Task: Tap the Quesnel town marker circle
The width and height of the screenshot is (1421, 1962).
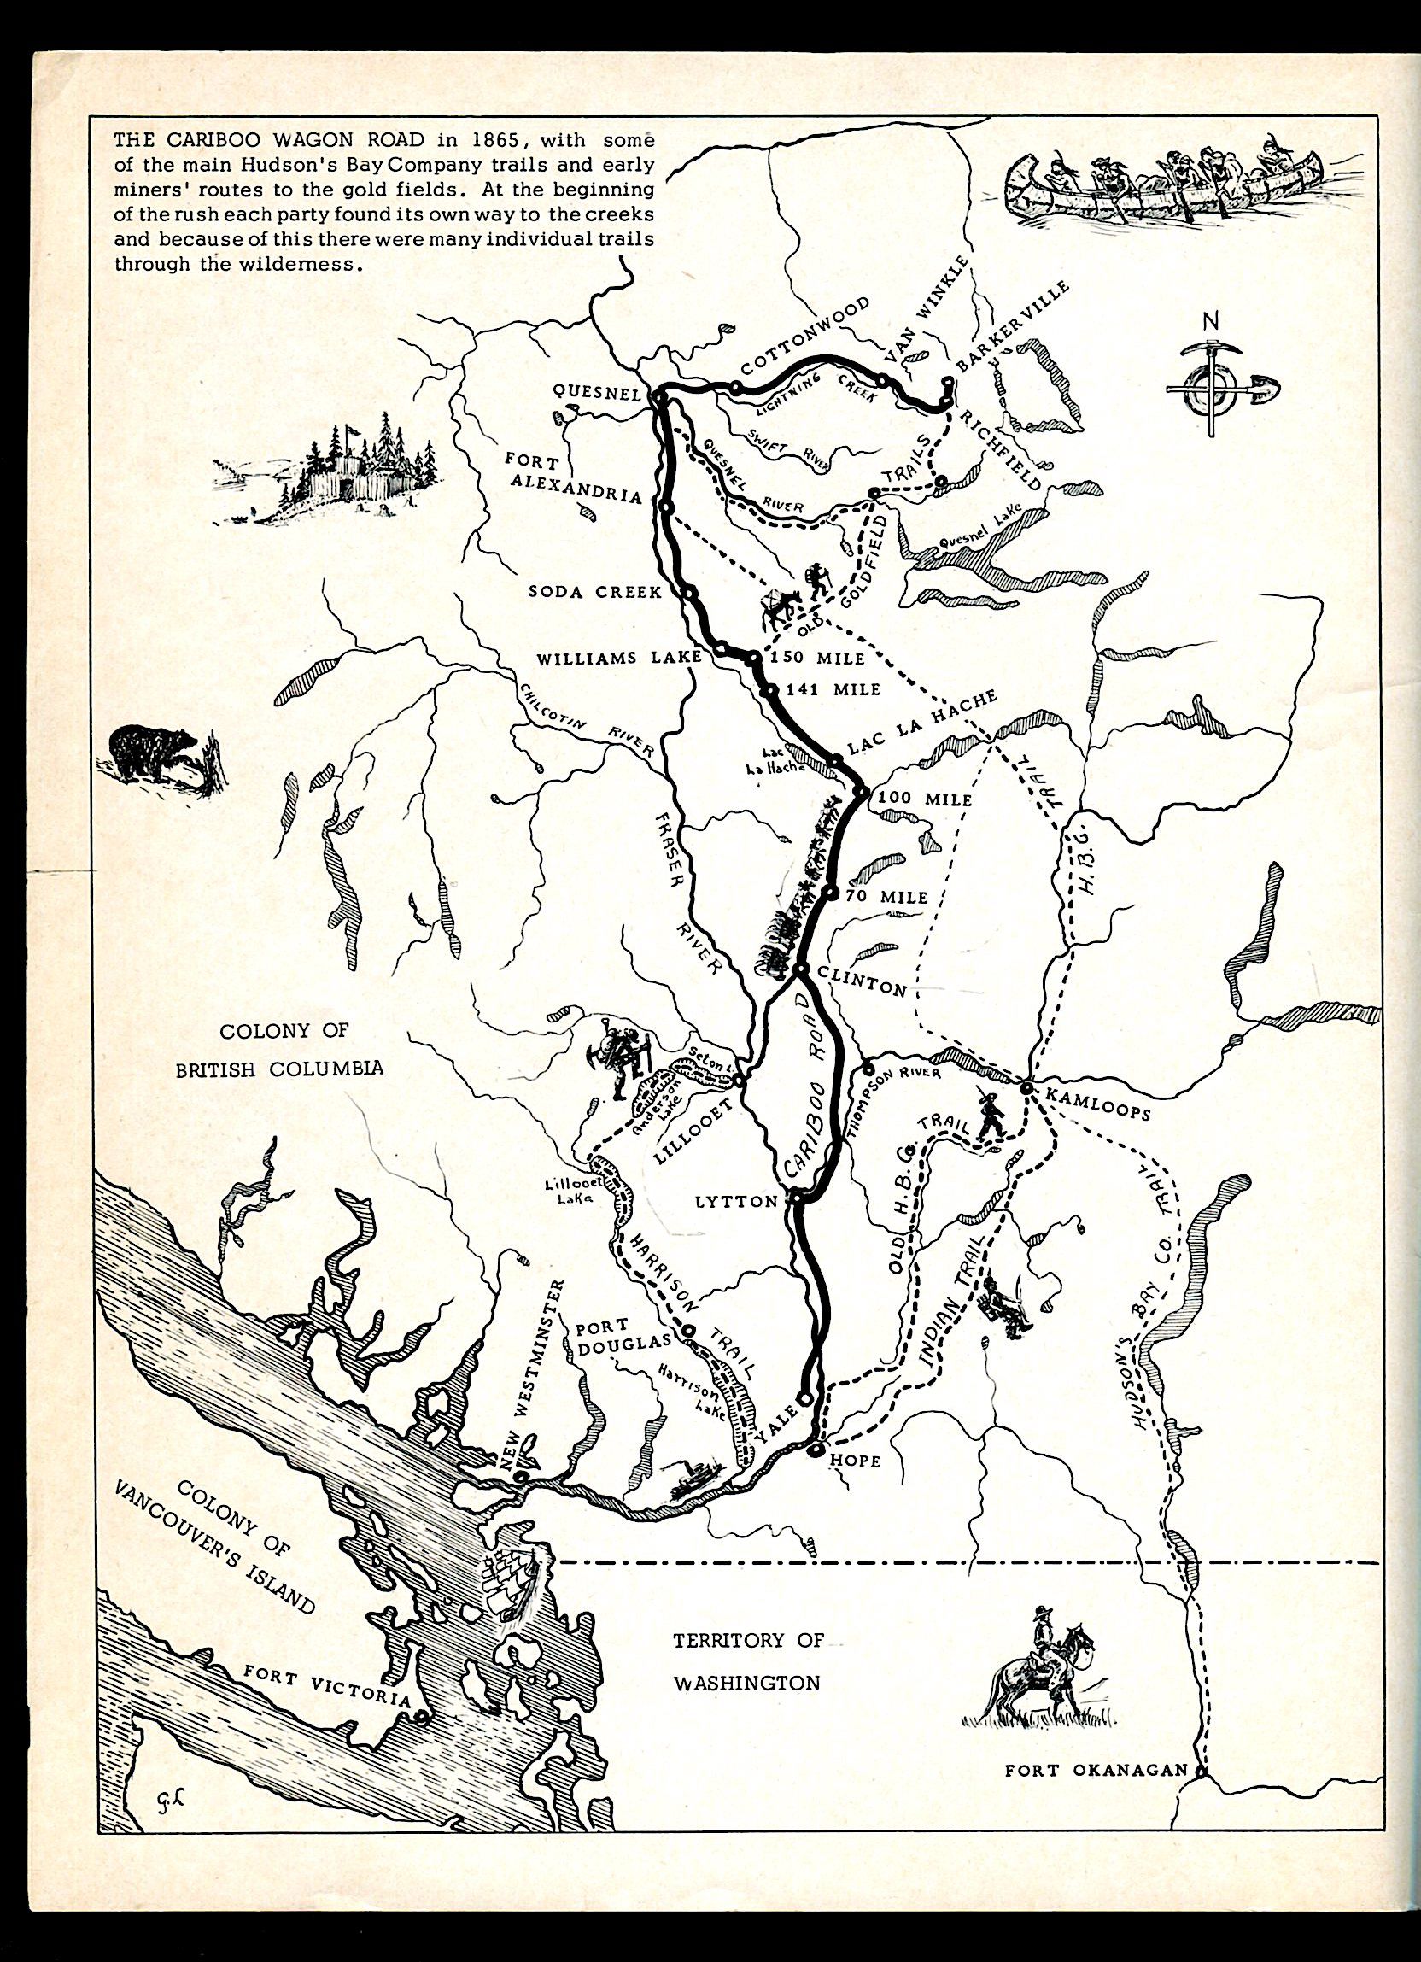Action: tap(658, 396)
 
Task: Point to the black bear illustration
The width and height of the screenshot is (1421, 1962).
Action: tap(156, 751)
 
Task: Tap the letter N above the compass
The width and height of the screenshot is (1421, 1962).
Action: tap(1210, 321)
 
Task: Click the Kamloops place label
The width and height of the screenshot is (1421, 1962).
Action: tap(1097, 1105)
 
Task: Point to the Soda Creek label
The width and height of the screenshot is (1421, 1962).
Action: tap(595, 592)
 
